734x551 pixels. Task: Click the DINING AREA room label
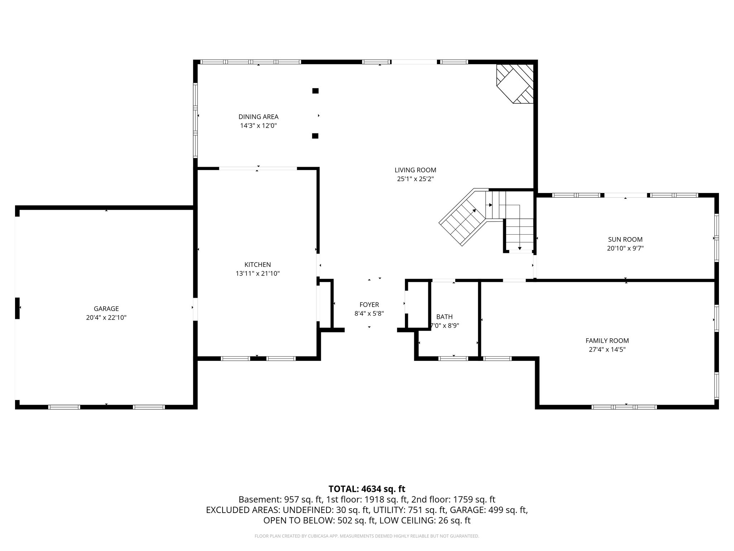pyautogui.click(x=258, y=117)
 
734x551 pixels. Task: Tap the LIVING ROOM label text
pyautogui.click(x=415, y=170)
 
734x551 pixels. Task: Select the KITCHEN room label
pyautogui.click(x=258, y=265)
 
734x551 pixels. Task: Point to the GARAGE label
pyautogui.click(x=106, y=309)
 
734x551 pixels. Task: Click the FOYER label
pyautogui.click(x=369, y=305)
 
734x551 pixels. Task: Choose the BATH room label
pyautogui.click(x=444, y=317)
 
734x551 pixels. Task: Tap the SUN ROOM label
pyautogui.click(x=625, y=240)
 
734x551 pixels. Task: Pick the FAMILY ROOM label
pyautogui.click(x=607, y=341)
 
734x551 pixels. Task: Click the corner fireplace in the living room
pyautogui.click(x=515, y=84)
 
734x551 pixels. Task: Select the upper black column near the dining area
pyautogui.click(x=315, y=91)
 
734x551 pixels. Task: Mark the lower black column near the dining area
pyautogui.click(x=315, y=136)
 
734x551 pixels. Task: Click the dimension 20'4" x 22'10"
pyautogui.click(x=106, y=317)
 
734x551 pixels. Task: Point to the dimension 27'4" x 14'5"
pyautogui.click(x=607, y=350)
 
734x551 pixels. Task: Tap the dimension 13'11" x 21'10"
pyautogui.click(x=258, y=274)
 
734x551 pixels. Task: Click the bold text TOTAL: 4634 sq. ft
pyautogui.click(x=367, y=489)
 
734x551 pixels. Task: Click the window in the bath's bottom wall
pyautogui.click(x=453, y=358)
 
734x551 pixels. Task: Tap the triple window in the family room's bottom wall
pyautogui.click(x=624, y=407)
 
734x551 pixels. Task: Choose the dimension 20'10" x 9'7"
pyautogui.click(x=625, y=248)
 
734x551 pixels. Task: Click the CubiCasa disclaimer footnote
pyautogui.click(x=367, y=536)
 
